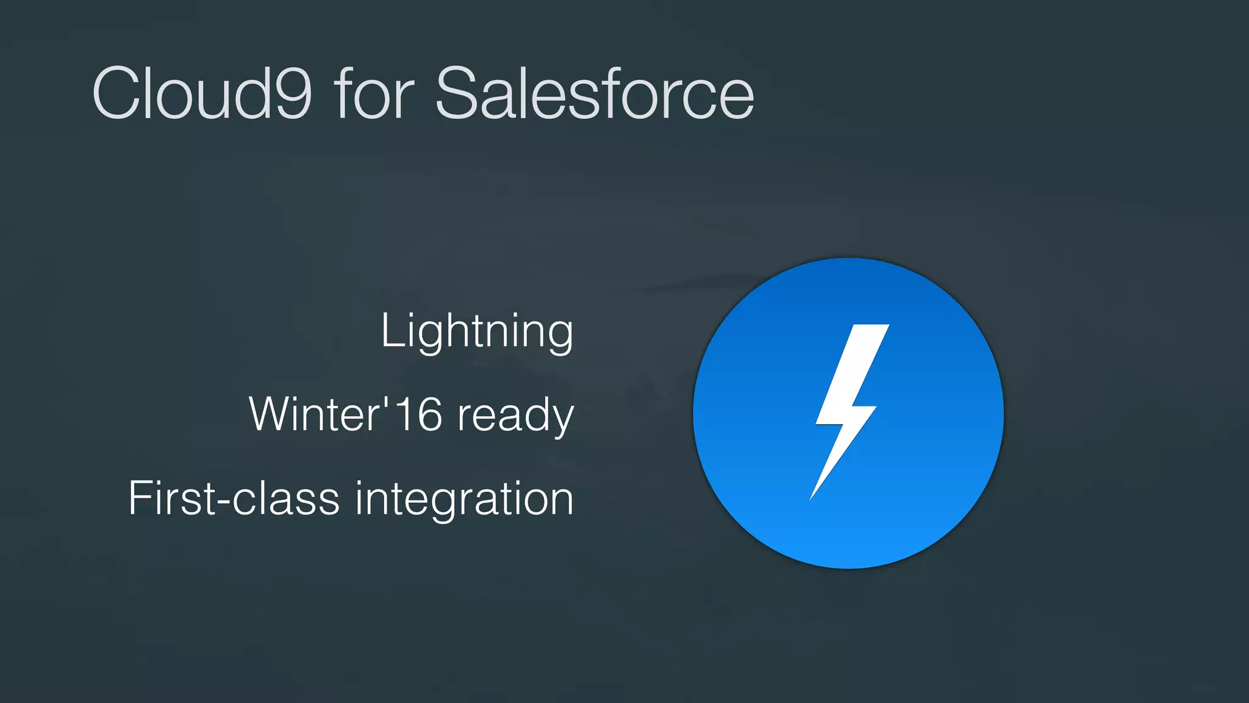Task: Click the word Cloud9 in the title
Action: [x=202, y=94]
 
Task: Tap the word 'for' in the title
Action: [x=373, y=94]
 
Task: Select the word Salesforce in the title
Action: [x=595, y=94]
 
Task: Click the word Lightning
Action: [x=477, y=331]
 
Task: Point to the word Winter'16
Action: [x=345, y=414]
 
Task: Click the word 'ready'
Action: [x=516, y=417]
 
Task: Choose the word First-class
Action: [x=234, y=499]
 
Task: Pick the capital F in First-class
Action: [x=138, y=499]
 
